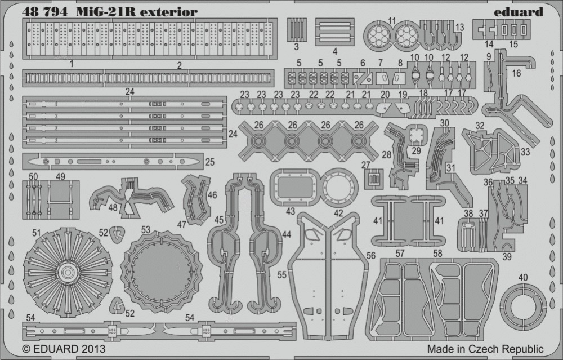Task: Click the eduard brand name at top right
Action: pyautogui.click(x=518, y=12)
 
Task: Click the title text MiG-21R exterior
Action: pyautogui.click(x=137, y=12)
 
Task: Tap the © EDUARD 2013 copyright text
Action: pyautogui.click(x=64, y=349)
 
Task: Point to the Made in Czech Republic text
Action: pyautogui.click(x=485, y=349)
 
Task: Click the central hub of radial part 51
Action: pyautogui.click(x=68, y=272)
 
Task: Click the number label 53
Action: pyautogui.click(x=145, y=230)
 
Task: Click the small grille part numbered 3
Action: pyautogui.click(x=297, y=29)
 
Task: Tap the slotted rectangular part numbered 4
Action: pyautogui.click(x=334, y=32)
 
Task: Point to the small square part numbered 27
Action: pyautogui.click(x=374, y=179)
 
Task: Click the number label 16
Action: pyautogui.click(x=516, y=73)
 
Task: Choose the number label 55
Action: pyautogui.click(x=282, y=275)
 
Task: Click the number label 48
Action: pyautogui.click(x=113, y=207)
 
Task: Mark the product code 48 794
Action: pyautogui.click(x=44, y=12)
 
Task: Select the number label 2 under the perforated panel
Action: pyautogui.click(x=179, y=65)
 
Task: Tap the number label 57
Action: pyautogui.click(x=400, y=254)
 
